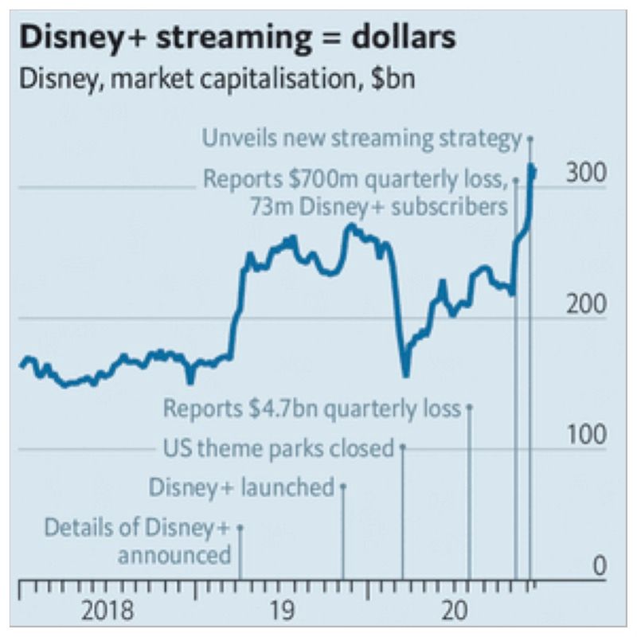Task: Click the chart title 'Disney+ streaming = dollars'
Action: (238, 37)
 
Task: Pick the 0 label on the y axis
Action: (599, 566)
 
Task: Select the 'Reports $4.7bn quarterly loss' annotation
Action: (312, 408)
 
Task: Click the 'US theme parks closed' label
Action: (278, 448)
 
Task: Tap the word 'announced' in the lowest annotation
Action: (174, 554)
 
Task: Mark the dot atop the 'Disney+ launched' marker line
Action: (343, 486)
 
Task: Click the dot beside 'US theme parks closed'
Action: (403, 447)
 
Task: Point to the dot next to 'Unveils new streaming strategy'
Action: (530, 139)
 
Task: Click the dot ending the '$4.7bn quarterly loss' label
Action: (469, 407)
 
